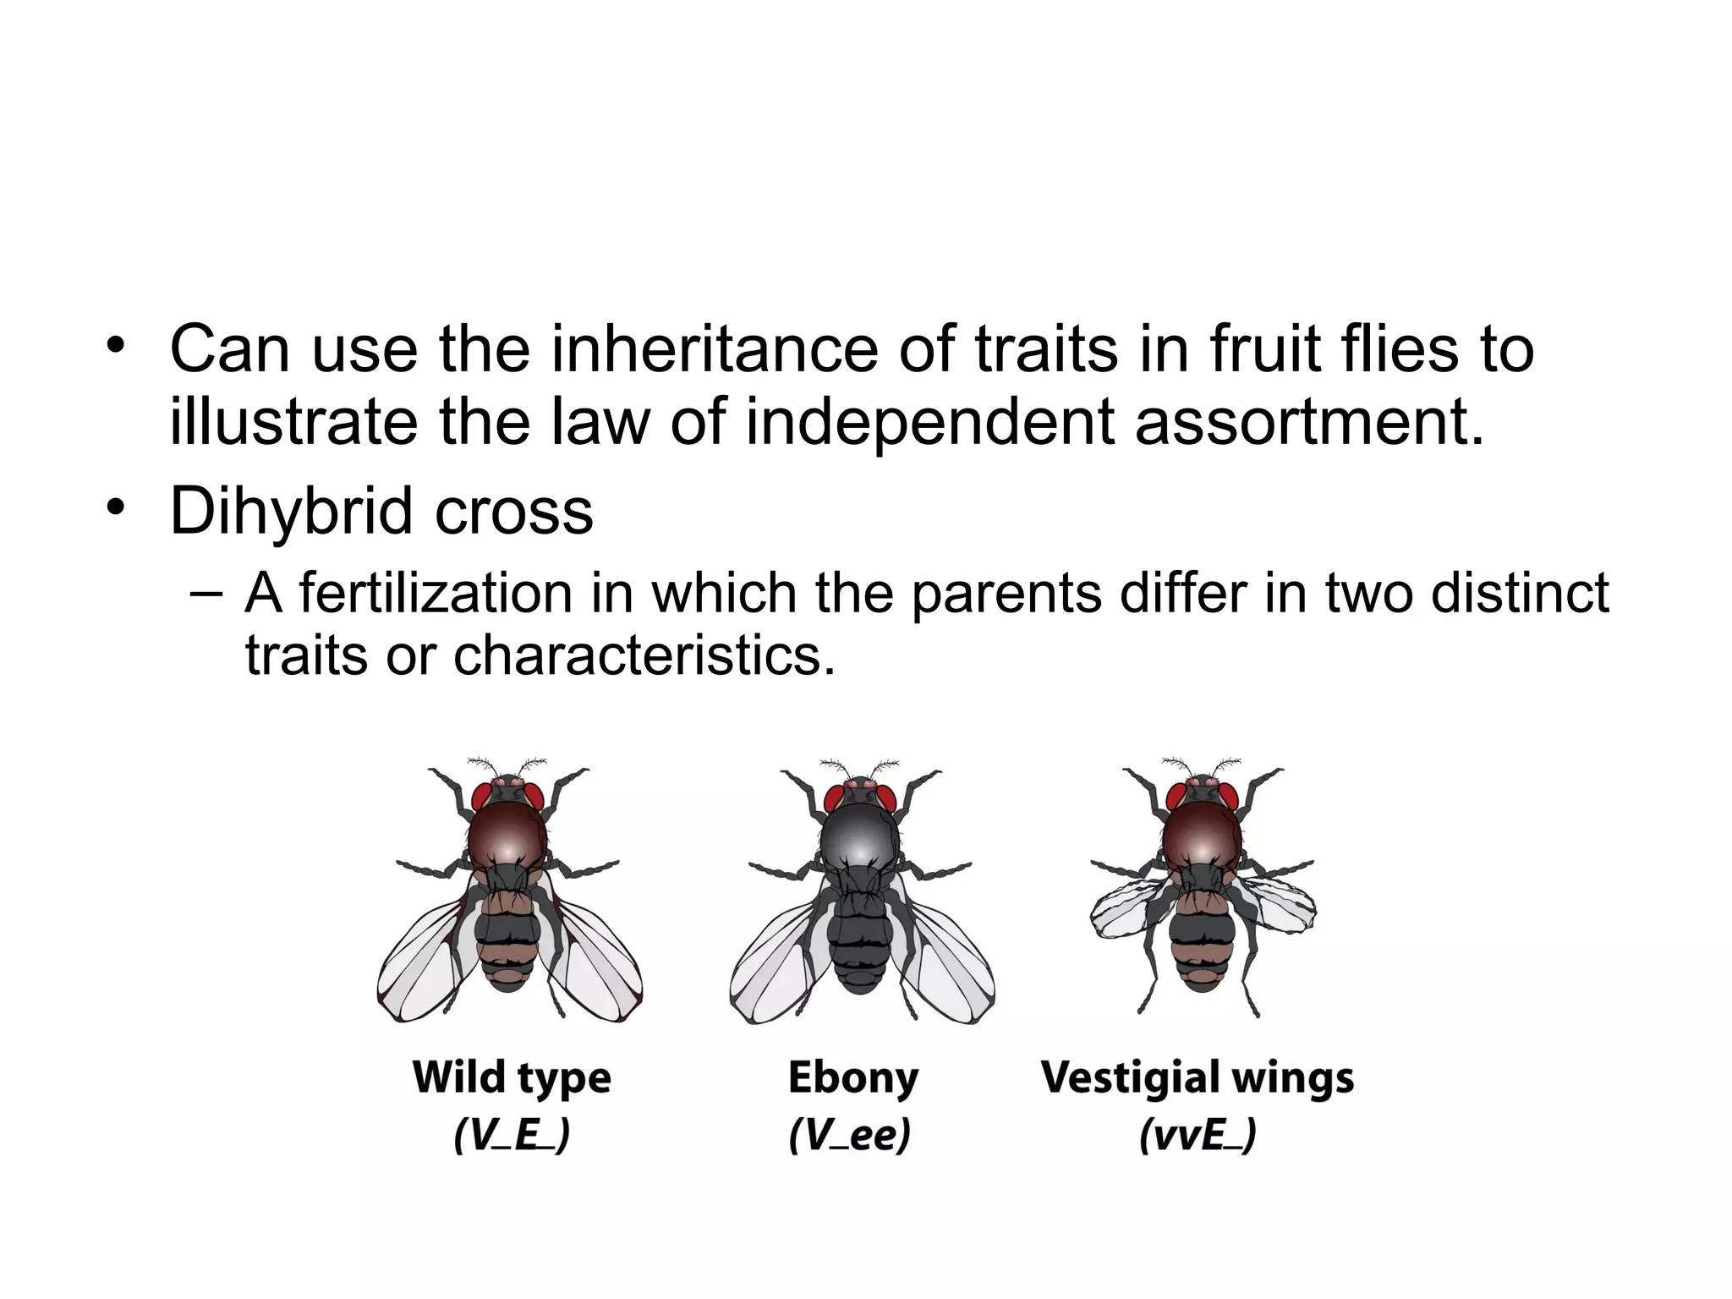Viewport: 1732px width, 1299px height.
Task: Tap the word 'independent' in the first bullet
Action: point(929,422)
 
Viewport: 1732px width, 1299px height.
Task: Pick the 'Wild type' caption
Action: point(512,1077)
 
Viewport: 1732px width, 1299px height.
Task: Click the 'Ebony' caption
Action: point(852,1077)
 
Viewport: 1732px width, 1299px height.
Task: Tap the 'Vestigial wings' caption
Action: point(1197,1077)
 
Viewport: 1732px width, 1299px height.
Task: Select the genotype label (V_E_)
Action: point(512,1135)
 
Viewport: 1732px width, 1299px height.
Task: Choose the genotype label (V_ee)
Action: point(849,1135)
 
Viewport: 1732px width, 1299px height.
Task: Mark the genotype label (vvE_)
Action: point(1198,1135)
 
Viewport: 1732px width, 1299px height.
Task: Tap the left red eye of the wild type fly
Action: point(483,796)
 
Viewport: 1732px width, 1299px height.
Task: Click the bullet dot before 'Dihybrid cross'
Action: point(115,508)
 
